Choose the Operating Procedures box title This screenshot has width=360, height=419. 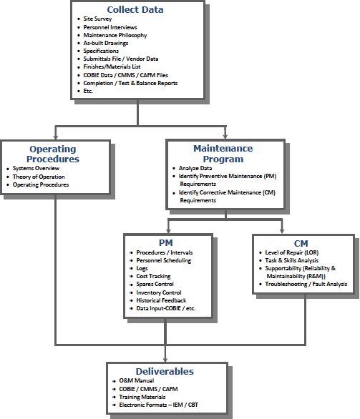53,154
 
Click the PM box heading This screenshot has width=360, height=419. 166,242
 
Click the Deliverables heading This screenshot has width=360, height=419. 166,371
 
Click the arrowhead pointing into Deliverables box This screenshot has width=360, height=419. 166,359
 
